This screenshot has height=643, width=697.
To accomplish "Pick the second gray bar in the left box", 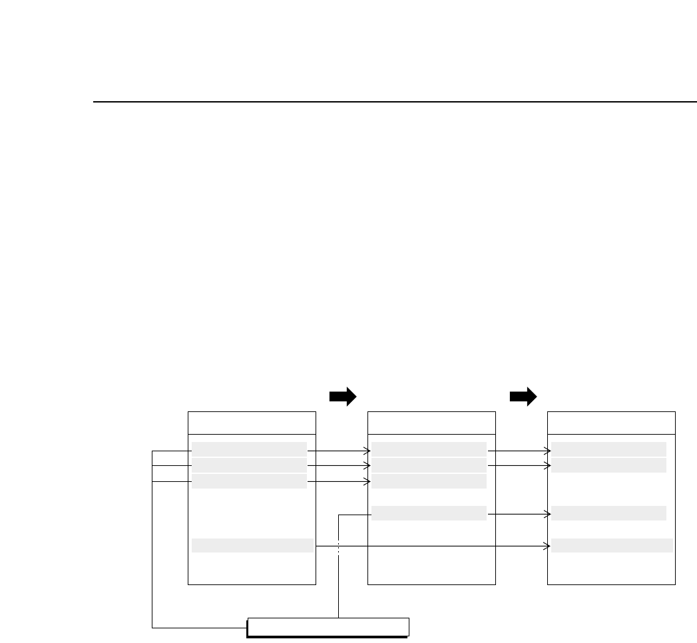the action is (249, 465).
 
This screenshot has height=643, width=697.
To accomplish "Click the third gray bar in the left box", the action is (249, 481).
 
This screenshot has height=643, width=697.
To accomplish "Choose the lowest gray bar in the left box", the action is (252, 546).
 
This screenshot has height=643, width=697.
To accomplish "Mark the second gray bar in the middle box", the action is (429, 465).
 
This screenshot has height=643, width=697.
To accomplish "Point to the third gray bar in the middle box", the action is (429, 481).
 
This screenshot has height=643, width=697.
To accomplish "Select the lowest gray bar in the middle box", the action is (429, 513).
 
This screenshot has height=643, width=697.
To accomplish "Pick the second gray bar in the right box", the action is (608, 465).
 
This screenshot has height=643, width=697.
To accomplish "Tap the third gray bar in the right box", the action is (608, 513).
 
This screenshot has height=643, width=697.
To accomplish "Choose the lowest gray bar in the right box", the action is (612, 546).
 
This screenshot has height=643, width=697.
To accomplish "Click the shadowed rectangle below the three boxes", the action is (328, 627).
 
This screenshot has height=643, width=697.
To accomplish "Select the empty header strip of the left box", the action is (252, 423).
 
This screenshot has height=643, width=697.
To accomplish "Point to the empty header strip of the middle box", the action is (431, 423).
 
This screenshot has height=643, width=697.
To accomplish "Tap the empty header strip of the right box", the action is (611, 423).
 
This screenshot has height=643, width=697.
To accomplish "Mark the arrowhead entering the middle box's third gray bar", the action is (368, 481).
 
